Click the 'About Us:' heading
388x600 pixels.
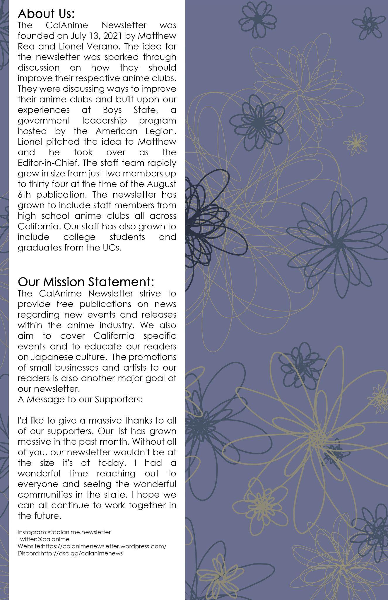(46, 14)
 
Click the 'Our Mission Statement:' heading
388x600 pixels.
(86, 282)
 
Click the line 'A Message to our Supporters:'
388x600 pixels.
(80, 399)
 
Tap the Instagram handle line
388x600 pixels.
(64, 532)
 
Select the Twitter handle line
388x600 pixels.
(44, 539)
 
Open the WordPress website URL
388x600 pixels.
(92, 546)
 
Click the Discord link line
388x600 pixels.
(70, 553)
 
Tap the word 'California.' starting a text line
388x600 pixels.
(39, 226)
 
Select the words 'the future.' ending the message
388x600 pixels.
(39, 516)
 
